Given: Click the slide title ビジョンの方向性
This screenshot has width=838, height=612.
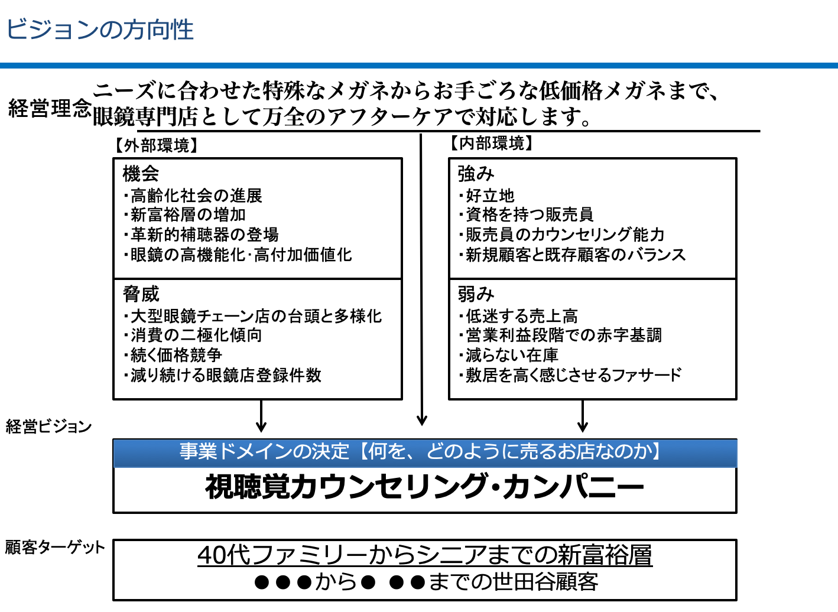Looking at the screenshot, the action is tap(100, 30).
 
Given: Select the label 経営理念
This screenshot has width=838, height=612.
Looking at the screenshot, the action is tap(50, 109).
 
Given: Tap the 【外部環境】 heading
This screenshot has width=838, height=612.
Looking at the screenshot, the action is tap(156, 145).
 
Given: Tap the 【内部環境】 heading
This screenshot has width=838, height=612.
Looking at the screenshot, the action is tap(491, 143).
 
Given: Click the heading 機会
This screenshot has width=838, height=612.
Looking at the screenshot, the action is tap(141, 174).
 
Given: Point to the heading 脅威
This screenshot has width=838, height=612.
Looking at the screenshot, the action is tap(141, 294).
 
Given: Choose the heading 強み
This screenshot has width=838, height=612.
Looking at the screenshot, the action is tap(476, 174).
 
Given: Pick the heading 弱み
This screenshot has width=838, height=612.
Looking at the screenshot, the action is tap(476, 294).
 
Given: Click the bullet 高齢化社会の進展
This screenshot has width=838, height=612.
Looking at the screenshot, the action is tap(193, 196).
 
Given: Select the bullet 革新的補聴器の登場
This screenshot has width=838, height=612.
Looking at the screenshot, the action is tap(202, 235).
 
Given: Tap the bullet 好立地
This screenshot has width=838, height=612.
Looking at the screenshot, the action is tap(487, 196).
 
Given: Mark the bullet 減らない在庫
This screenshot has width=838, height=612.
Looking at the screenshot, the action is tap(509, 355).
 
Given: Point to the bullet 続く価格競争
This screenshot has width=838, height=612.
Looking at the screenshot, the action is tap(173, 355).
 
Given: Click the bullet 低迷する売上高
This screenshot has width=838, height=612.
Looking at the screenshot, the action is tap(519, 316).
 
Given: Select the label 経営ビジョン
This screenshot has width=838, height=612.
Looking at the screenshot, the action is tap(48, 427).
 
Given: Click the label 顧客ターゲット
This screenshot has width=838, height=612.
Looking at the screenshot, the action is tap(55, 548).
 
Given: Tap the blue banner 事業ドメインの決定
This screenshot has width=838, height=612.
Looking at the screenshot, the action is tap(425, 453).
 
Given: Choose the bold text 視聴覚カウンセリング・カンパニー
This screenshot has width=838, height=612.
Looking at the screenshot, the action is tap(424, 487).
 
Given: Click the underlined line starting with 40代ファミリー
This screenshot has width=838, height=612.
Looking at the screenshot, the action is tap(425, 555).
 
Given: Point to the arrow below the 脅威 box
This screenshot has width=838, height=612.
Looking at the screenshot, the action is tap(261, 416).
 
